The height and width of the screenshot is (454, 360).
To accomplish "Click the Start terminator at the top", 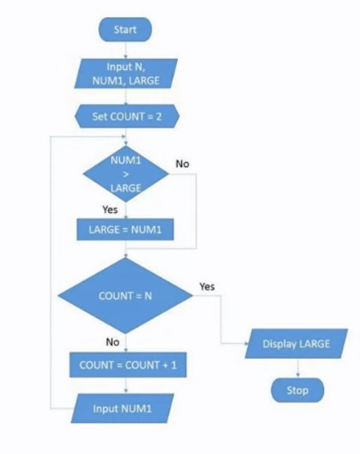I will (126, 29).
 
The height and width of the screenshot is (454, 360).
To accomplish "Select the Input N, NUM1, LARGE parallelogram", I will (126, 74).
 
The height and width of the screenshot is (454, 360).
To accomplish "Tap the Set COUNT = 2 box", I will (126, 115).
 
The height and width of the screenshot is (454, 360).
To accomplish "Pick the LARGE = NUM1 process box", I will (126, 228).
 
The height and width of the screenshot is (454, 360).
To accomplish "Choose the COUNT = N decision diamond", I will (126, 296).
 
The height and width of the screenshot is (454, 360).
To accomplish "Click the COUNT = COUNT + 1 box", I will (126, 365).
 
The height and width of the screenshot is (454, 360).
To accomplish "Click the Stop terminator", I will (298, 391).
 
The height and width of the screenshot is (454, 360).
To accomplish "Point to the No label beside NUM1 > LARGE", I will (182, 162).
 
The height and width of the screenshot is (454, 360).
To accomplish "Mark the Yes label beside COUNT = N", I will (207, 286).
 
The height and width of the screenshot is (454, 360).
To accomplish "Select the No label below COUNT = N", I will (111, 342).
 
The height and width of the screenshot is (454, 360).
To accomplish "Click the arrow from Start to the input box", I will (126, 49).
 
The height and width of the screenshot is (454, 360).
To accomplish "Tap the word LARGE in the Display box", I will (311, 344).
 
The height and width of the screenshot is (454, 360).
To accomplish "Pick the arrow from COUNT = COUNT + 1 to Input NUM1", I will (126, 386).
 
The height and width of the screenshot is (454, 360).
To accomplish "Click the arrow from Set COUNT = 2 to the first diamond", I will (126, 135).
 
